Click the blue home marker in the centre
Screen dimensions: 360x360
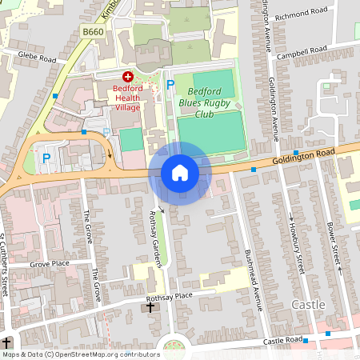click(x=180, y=173)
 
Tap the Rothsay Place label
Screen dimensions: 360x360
click(x=194, y=297)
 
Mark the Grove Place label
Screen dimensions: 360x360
click(x=50, y=263)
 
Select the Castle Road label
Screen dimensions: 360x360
click(x=280, y=341)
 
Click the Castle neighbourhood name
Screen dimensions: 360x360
click(x=308, y=305)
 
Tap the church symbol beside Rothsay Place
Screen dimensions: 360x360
click(x=150, y=307)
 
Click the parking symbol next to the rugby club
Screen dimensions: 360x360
click(x=170, y=85)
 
